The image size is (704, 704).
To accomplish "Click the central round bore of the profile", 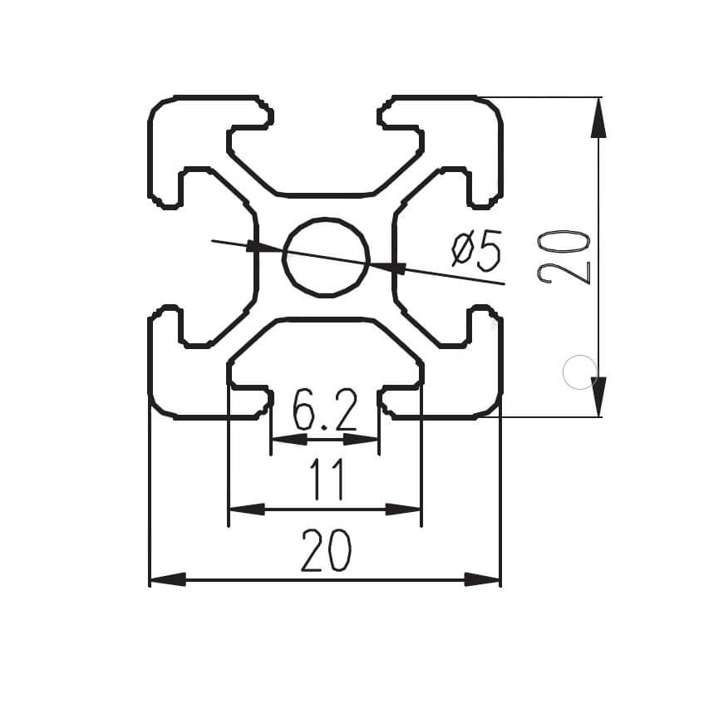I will point(326,258).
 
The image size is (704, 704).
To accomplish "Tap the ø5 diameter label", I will point(476,250).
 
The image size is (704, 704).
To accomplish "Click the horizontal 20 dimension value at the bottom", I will point(326,552).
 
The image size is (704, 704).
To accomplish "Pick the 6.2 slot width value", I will point(325,411).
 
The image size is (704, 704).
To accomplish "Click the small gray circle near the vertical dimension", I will point(579,372).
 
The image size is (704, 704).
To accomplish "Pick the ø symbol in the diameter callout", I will point(462,250).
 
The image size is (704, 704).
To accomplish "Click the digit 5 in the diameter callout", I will point(490,250).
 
